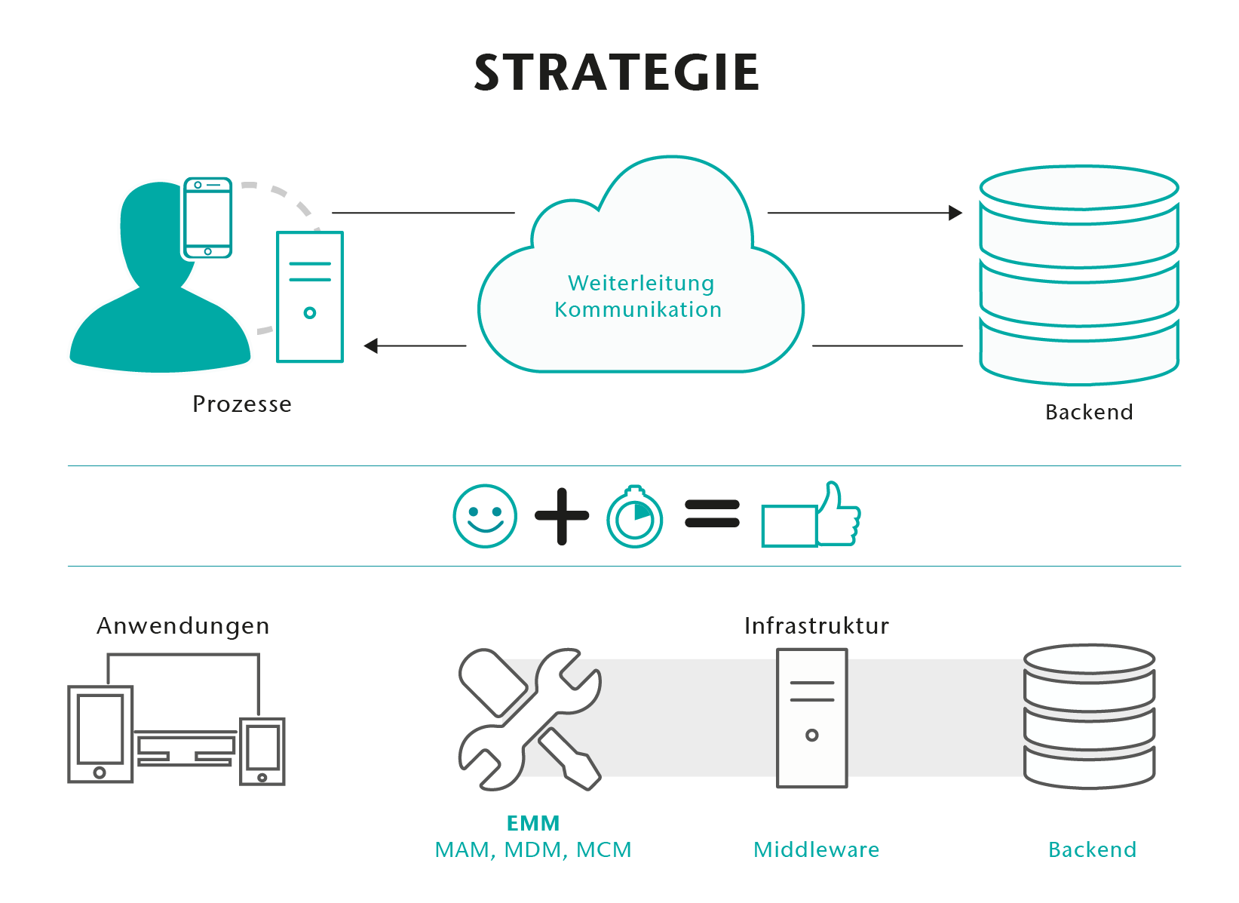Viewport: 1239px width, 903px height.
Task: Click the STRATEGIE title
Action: pos(616,73)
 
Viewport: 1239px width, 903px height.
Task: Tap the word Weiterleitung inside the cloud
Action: pos(641,283)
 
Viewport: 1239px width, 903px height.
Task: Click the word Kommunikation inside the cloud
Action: pos(638,309)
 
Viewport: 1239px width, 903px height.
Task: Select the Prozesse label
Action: pos(242,404)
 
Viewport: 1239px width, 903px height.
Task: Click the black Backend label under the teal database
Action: pos(1089,413)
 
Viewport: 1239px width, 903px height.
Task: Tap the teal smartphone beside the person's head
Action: pos(207,219)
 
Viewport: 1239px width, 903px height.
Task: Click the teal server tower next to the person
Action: pos(310,296)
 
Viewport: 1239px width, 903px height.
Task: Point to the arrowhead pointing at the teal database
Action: pos(955,213)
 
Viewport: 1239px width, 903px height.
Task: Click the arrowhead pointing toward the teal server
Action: pos(371,346)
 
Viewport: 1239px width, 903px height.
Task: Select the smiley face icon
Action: pos(485,516)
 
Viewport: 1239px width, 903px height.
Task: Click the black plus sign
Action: pos(562,516)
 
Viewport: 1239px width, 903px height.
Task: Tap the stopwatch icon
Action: pos(635,517)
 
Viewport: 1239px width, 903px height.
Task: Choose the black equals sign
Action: pos(712,514)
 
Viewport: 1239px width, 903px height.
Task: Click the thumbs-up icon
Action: pos(812,517)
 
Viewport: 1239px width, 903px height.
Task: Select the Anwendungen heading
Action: pos(183,626)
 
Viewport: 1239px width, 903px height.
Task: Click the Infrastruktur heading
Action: pos(817,626)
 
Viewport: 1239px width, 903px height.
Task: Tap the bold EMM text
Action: pos(533,823)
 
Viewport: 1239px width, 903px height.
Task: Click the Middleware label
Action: pos(817,850)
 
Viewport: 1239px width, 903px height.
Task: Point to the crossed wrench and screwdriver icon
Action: pos(529,719)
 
